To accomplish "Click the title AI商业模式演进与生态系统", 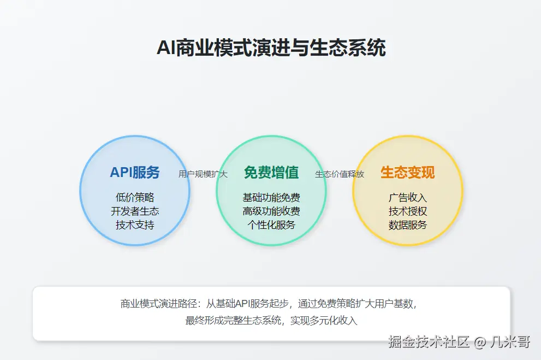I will (271, 48).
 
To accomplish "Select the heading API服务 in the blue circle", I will (135, 173).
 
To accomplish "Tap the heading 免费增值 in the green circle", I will (271, 173).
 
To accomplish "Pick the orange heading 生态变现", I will (407, 173).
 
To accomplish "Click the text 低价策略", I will (135, 198).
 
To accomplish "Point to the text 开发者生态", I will (135, 211).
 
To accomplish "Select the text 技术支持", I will (135, 225).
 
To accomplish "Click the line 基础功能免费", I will (271, 198).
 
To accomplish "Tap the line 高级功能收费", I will (271, 211).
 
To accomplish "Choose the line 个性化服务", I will (271, 225).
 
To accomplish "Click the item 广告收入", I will (407, 198).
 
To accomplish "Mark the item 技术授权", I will (407, 211).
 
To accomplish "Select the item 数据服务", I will (407, 225).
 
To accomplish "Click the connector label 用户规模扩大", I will (203, 174).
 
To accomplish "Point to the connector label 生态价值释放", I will (340, 174).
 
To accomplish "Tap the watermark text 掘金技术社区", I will (429, 343).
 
